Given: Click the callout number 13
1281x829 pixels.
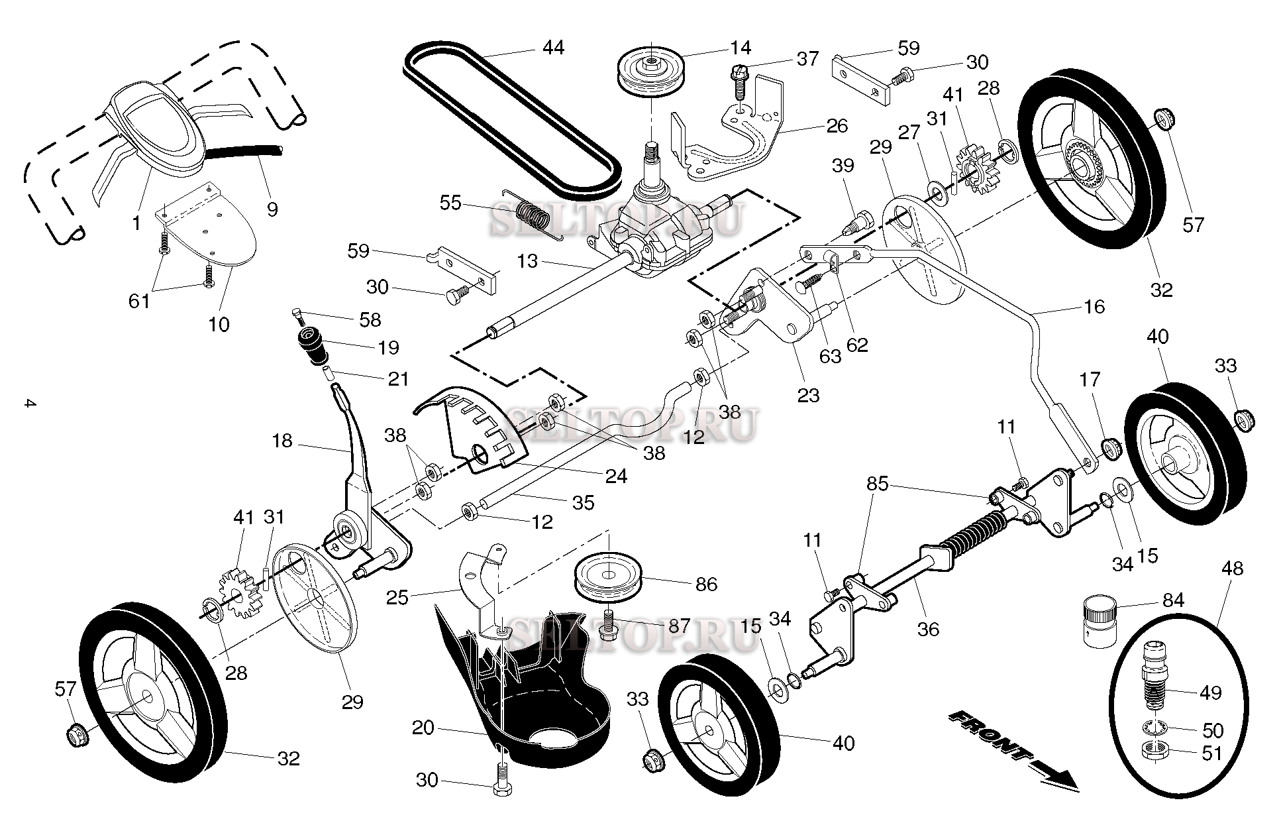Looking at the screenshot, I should click(527, 261).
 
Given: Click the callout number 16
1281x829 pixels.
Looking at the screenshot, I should click(1094, 306).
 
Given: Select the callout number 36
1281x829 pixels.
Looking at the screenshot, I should click(928, 629).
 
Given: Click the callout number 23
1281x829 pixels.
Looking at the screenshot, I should click(808, 396).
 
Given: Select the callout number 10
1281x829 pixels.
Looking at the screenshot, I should click(219, 325).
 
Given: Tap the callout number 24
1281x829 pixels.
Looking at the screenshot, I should click(616, 476).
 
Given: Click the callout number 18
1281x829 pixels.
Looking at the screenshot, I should click(282, 441).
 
